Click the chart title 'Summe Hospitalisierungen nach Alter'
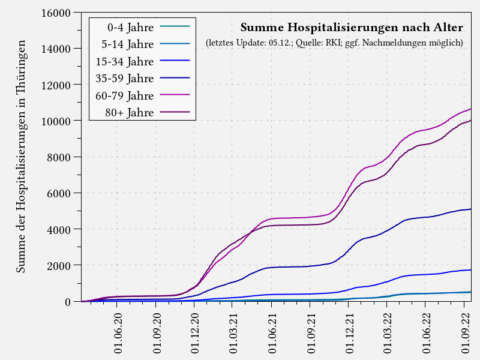pos(352,28)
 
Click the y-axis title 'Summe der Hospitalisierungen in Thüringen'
pos(21,157)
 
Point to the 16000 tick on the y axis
pos(55,13)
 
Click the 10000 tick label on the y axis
pos(55,121)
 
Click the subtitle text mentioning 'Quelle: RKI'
pos(334,43)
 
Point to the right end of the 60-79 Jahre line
pos(471,109)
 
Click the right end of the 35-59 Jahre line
pos(471,209)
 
